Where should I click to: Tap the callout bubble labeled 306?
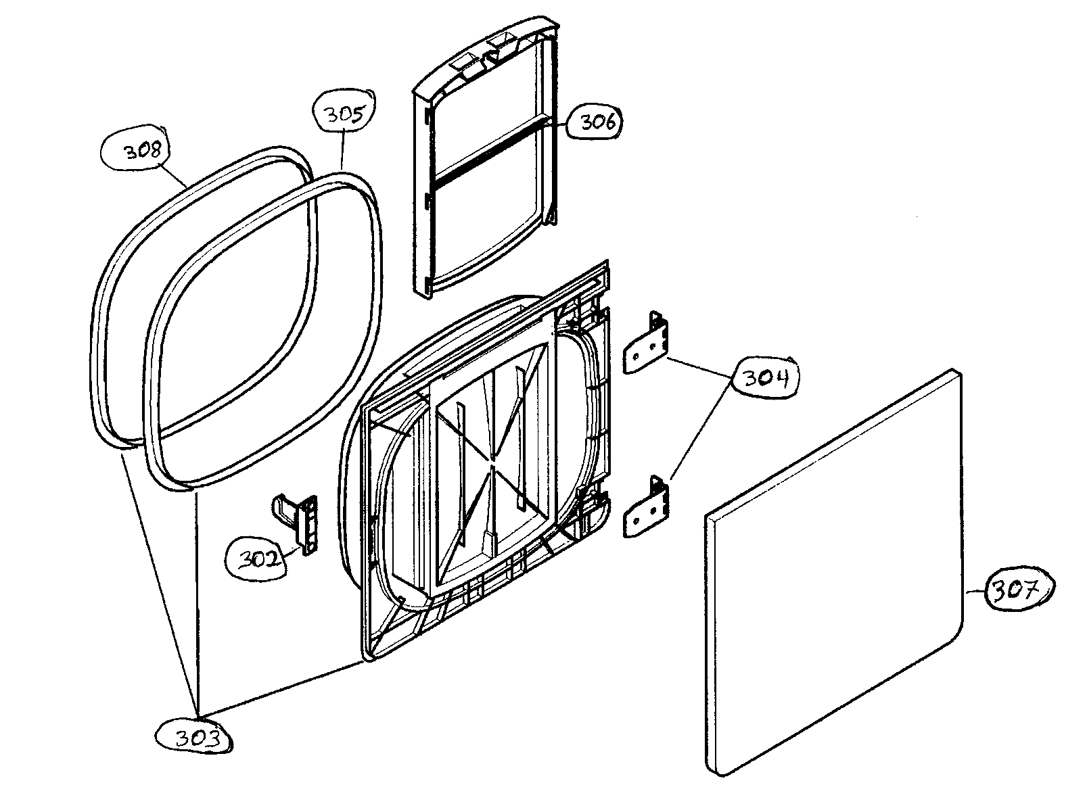pos(593,122)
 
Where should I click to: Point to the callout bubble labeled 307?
pos(1018,591)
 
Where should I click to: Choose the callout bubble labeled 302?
pos(260,559)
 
